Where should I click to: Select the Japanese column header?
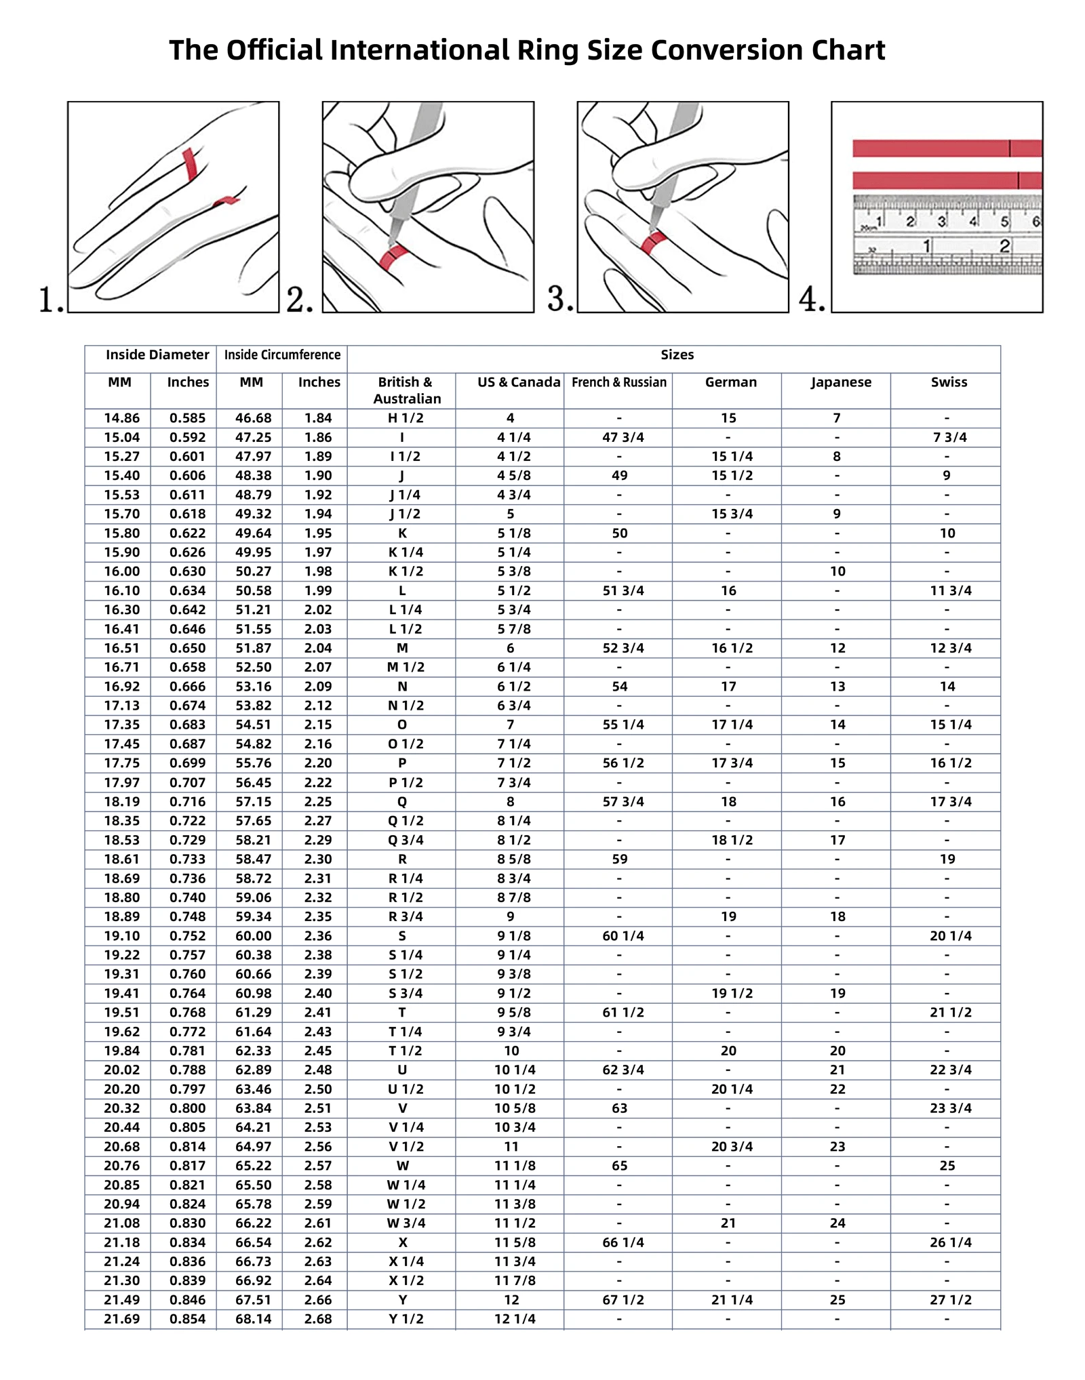pyautogui.click(x=841, y=382)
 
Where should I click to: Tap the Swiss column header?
pyautogui.click(x=949, y=382)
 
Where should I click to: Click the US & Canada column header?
pyautogui.click(x=519, y=382)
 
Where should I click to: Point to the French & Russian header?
pyautogui.click(x=618, y=382)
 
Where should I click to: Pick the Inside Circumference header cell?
pyautogui.click(x=282, y=355)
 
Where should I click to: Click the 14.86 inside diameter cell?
pyautogui.click(x=121, y=418)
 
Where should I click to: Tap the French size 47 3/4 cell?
pyautogui.click(x=623, y=437)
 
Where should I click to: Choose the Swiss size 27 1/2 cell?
pyautogui.click(x=950, y=1300)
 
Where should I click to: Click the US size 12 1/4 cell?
pyautogui.click(x=515, y=1319)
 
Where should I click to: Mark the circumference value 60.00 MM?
pyautogui.click(x=253, y=936)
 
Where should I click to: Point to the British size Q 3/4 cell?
pyautogui.click(x=406, y=840)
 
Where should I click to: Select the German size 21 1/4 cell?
pyautogui.click(x=732, y=1300)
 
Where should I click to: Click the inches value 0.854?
pyautogui.click(x=187, y=1319)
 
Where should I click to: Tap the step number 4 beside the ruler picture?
pyautogui.click(x=811, y=299)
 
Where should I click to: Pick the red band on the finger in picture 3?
pyautogui.click(x=653, y=242)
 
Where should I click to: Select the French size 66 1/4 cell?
pyautogui.click(x=623, y=1242)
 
